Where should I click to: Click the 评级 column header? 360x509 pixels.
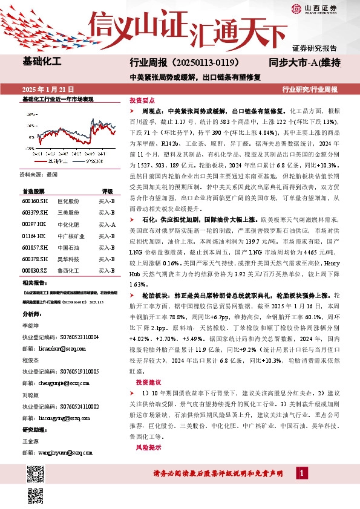[x=107, y=190]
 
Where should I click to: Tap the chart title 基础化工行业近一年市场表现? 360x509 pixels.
[x=57, y=99]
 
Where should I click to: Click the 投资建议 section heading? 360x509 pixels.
[x=148, y=383]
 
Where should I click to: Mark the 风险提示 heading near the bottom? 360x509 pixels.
[x=148, y=447]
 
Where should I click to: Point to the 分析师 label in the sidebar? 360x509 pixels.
[x=31, y=314]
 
